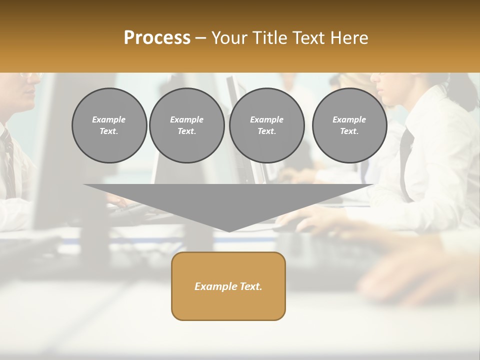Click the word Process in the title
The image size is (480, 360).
157,38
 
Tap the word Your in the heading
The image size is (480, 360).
231,38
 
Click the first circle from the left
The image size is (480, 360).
109,125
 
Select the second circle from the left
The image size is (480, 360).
186,125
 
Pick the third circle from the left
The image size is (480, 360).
266,125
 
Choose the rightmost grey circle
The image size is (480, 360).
349,125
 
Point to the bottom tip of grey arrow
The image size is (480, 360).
229,231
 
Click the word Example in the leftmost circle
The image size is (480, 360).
109,119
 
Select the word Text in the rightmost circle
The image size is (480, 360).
349,131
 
